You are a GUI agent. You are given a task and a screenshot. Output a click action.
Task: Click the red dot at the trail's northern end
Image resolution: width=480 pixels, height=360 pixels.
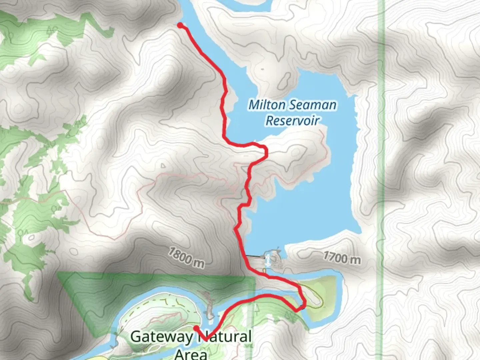click(180, 25)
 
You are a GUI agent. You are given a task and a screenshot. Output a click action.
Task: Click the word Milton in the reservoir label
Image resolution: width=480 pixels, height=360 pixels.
click(267, 105)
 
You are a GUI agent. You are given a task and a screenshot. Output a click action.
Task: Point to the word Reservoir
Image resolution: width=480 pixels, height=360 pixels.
click(292, 120)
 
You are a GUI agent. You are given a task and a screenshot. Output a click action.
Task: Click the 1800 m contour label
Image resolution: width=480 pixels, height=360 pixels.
click(186, 257)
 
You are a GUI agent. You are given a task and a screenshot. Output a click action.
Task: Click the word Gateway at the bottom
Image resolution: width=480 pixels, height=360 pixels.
click(161, 337)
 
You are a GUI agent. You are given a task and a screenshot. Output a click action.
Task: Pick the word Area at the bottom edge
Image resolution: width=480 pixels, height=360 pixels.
click(191, 353)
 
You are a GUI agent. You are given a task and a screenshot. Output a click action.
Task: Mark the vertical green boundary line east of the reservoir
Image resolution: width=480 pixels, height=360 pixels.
click(380, 167)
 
